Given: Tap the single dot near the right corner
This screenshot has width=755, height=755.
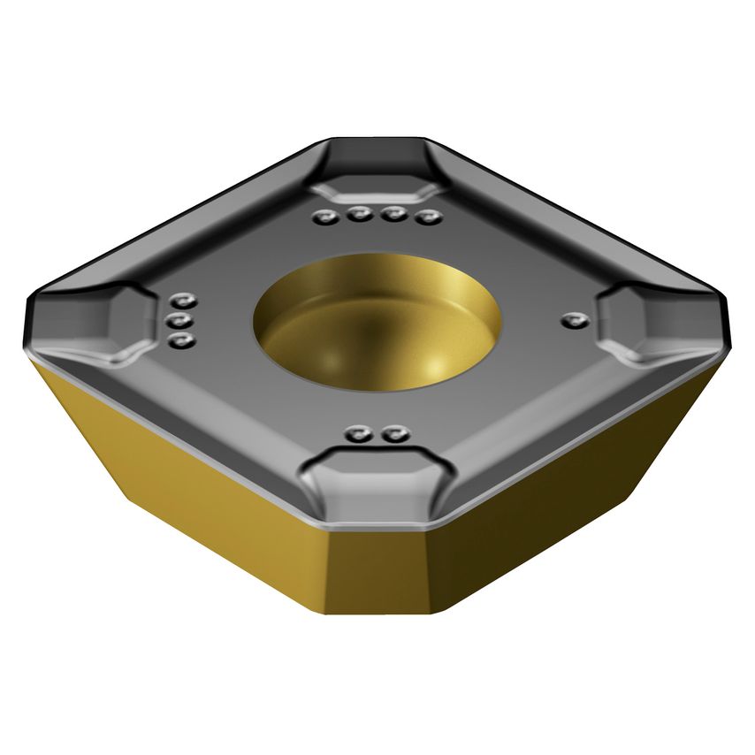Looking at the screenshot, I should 576,318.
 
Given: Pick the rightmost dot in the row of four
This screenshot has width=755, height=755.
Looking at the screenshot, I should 430,217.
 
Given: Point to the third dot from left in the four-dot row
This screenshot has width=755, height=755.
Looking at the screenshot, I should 394,215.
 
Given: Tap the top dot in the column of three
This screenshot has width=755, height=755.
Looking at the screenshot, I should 183,300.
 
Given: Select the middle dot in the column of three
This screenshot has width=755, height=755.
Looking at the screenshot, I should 181,320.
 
